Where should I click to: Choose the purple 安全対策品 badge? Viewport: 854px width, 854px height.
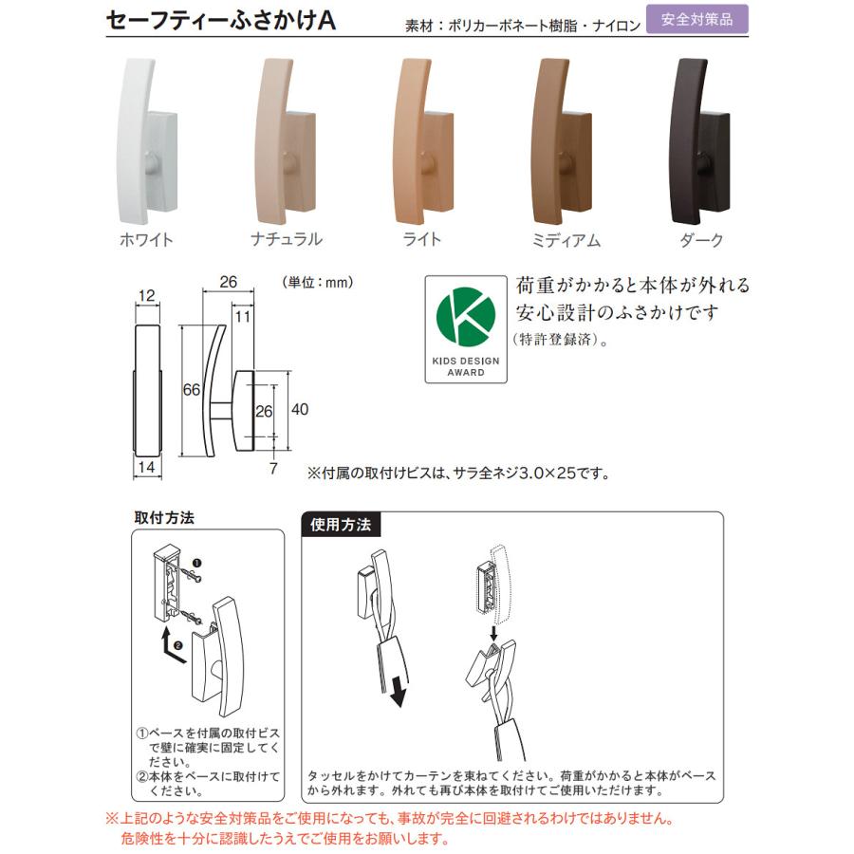pos(696,19)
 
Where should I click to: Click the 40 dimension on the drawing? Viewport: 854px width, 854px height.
pos(300,410)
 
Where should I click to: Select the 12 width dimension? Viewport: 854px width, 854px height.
pos(145,296)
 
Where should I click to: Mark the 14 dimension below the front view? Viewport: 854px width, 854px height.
pos(146,467)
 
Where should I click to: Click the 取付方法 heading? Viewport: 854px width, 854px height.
pos(164,519)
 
